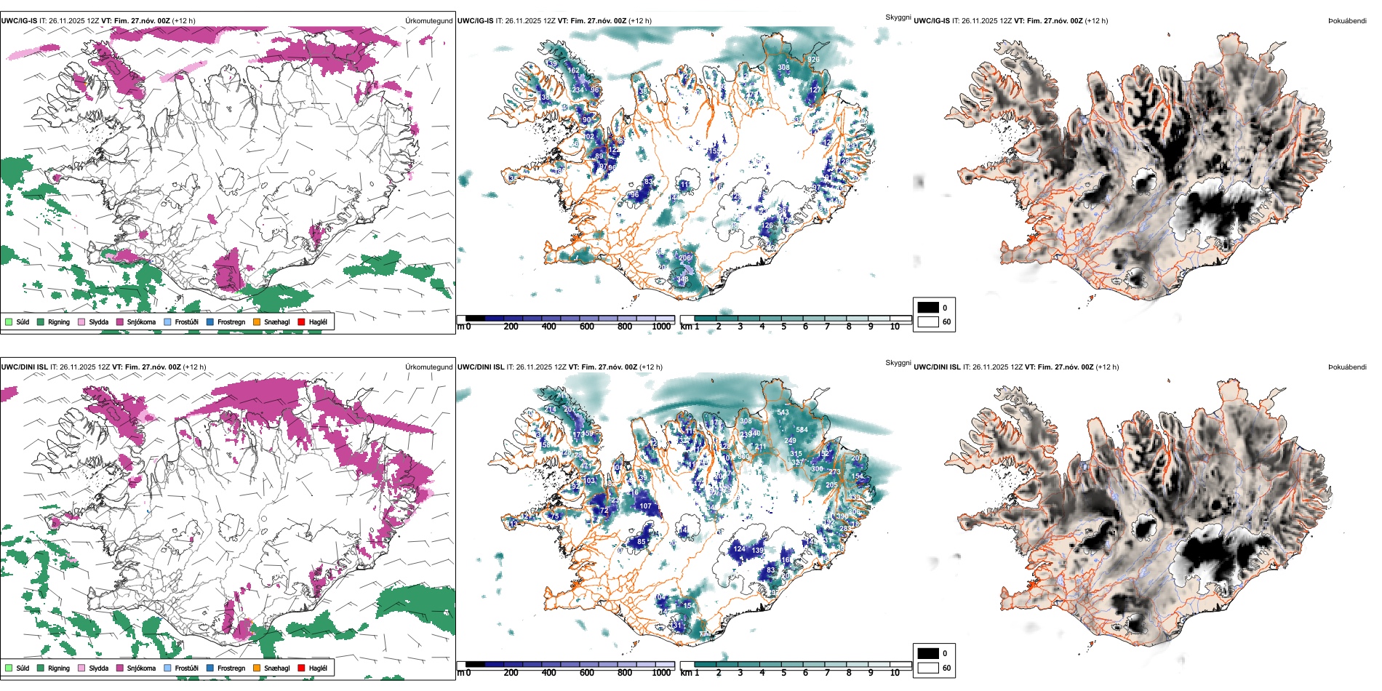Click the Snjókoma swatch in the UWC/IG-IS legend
pos(120,321)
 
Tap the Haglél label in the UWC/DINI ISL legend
pos(318,668)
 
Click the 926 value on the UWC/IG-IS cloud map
pos(813,60)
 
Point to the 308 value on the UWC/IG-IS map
pos(783,68)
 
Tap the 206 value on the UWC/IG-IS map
pos(684,257)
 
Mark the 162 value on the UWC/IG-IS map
pos(574,71)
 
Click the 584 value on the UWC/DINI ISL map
pos(802,430)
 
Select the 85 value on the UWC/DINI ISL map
pos(641,542)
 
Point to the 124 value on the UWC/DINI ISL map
pos(739,549)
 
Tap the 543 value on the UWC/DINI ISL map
pos(783,412)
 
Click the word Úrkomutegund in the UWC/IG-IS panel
pos(428,20)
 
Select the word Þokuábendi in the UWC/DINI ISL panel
pos(1347,367)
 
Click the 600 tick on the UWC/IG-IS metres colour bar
pos(586,327)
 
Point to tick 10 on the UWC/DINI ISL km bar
pos(895,673)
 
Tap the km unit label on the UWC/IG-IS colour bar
pos(685,327)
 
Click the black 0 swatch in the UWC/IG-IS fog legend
pos(928,308)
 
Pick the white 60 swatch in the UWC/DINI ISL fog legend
pos(928,668)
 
